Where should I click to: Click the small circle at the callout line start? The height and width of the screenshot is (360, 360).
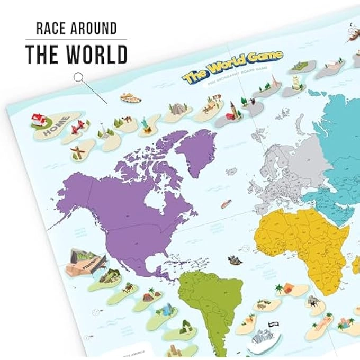78,77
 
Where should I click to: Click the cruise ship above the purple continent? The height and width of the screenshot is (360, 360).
130,97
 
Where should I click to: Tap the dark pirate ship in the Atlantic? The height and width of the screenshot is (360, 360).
234,260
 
